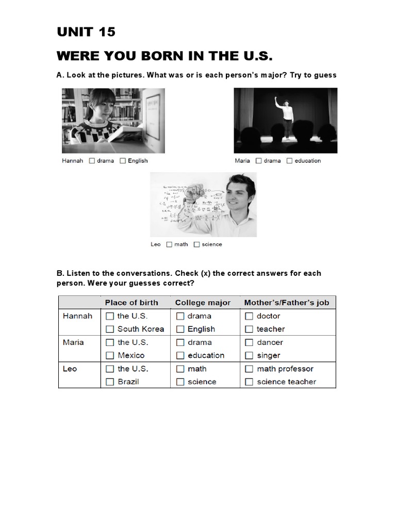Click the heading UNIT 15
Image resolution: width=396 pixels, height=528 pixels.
(86, 32)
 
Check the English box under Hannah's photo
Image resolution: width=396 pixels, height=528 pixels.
(123, 161)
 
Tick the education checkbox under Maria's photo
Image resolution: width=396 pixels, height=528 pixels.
(289, 161)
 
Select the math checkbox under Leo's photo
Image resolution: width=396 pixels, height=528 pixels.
(169, 244)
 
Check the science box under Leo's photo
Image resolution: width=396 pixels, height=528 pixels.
(196, 244)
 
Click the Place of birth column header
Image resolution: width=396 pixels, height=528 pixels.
(131, 303)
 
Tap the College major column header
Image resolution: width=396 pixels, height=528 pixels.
(203, 303)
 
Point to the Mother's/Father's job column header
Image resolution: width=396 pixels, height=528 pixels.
(286, 303)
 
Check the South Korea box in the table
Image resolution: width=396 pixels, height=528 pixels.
(110, 329)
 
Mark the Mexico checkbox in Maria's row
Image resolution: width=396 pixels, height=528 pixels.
(110, 355)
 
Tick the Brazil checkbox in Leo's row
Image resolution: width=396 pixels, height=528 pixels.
(110, 382)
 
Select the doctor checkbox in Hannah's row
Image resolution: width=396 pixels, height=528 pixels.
(249, 316)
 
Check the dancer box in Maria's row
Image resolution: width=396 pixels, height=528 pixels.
(249, 342)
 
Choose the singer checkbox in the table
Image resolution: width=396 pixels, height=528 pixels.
(249, 355)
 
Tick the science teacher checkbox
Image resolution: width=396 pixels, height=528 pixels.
(249, 382)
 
